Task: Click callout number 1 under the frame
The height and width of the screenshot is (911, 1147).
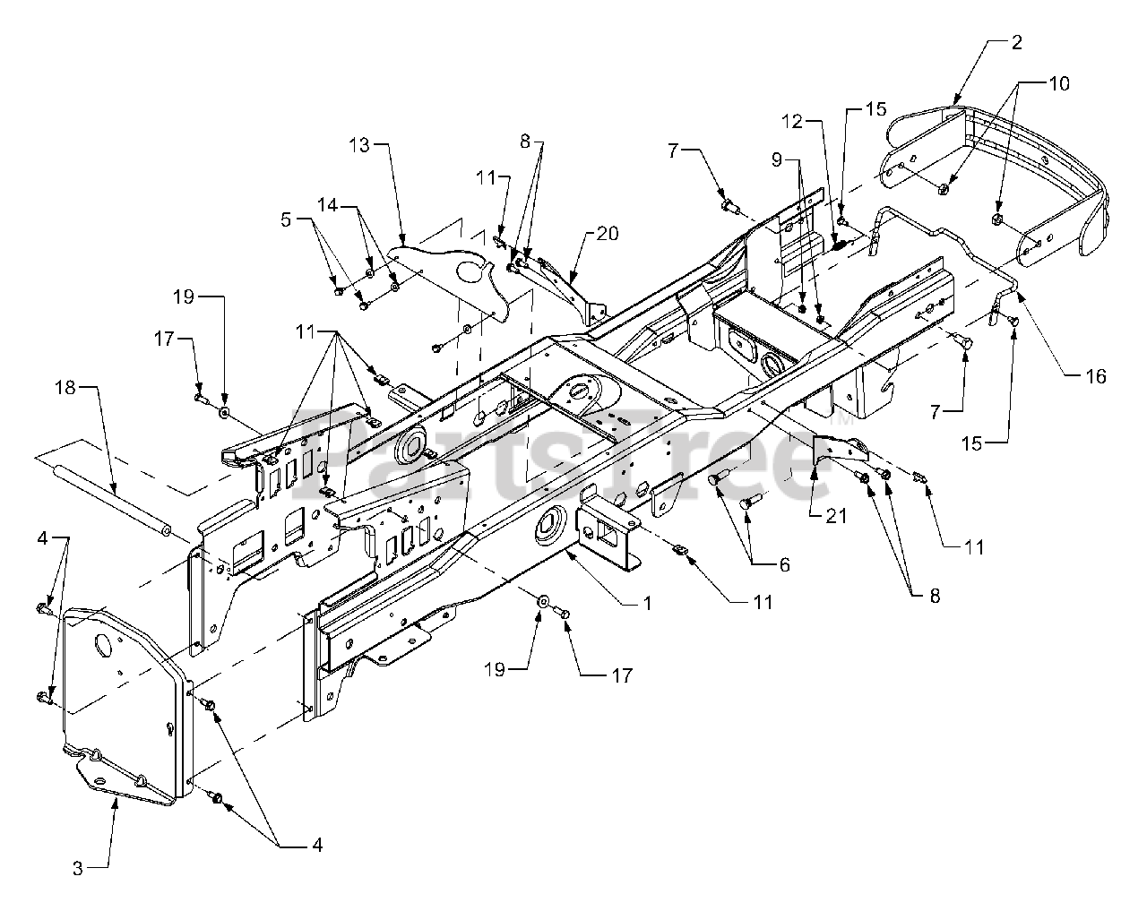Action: pyautogui.click(x=648, y=604)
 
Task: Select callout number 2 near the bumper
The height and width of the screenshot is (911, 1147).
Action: pyautogui.click(x=1016, y=42)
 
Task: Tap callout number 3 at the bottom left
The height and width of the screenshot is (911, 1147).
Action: pyautogui.click(x=79, y=867)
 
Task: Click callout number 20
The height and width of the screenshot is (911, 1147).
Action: pyautogui.click(x=608, y=234)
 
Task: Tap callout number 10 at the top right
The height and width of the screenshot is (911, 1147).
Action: pyautogui.click(x=1058, y=83)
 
